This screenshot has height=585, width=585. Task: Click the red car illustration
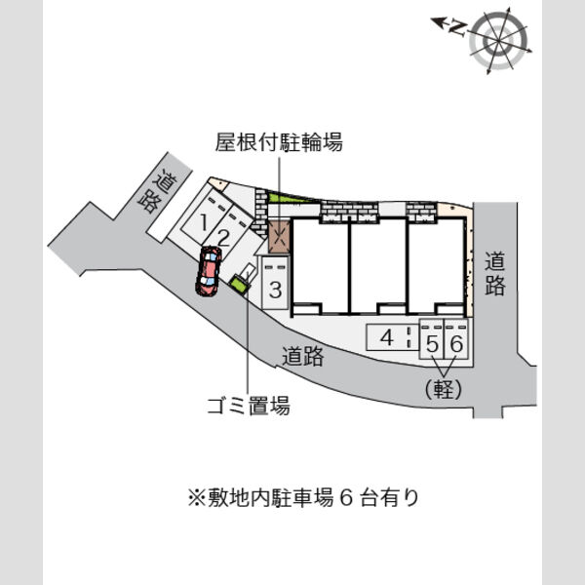(x=209, y=271)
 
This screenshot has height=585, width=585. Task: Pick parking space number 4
(x=387, y=337)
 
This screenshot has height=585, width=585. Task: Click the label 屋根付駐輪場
(x=279, y=142)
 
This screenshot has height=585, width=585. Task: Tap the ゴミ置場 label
(x=249, y=406)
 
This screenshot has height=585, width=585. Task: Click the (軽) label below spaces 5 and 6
(x=444, y=389)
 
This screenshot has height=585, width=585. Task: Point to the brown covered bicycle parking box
(x=280, y=237)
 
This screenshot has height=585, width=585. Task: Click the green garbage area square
(x=239, y=285)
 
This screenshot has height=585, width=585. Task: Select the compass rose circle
(x=498, y=40)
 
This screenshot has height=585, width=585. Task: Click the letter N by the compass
(x=459, y=28)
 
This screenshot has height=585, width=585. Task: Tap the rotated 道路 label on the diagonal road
(x=157, y=191)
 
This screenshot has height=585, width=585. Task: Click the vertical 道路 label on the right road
(x=494, y=274)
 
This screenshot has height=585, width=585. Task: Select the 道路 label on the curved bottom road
(x=302, y=356)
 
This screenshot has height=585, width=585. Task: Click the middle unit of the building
(x=378, y=265)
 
